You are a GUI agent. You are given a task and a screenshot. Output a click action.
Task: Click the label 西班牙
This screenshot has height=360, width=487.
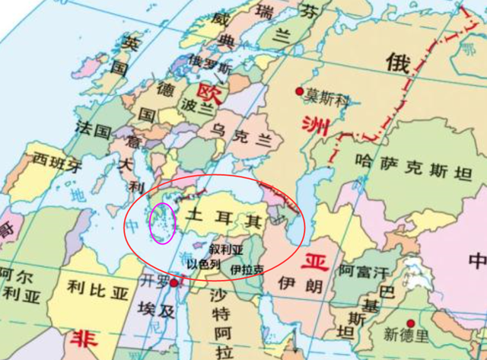coord(55,163)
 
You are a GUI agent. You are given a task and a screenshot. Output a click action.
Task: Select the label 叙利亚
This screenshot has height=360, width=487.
coord(226,249)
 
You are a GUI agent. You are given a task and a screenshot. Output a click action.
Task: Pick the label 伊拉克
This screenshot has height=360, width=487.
coord(247,269)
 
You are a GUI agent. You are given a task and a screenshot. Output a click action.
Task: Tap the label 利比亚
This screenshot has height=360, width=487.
coord(96,288)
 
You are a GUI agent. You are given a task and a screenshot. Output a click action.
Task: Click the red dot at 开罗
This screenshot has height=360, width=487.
coord(174,282)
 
